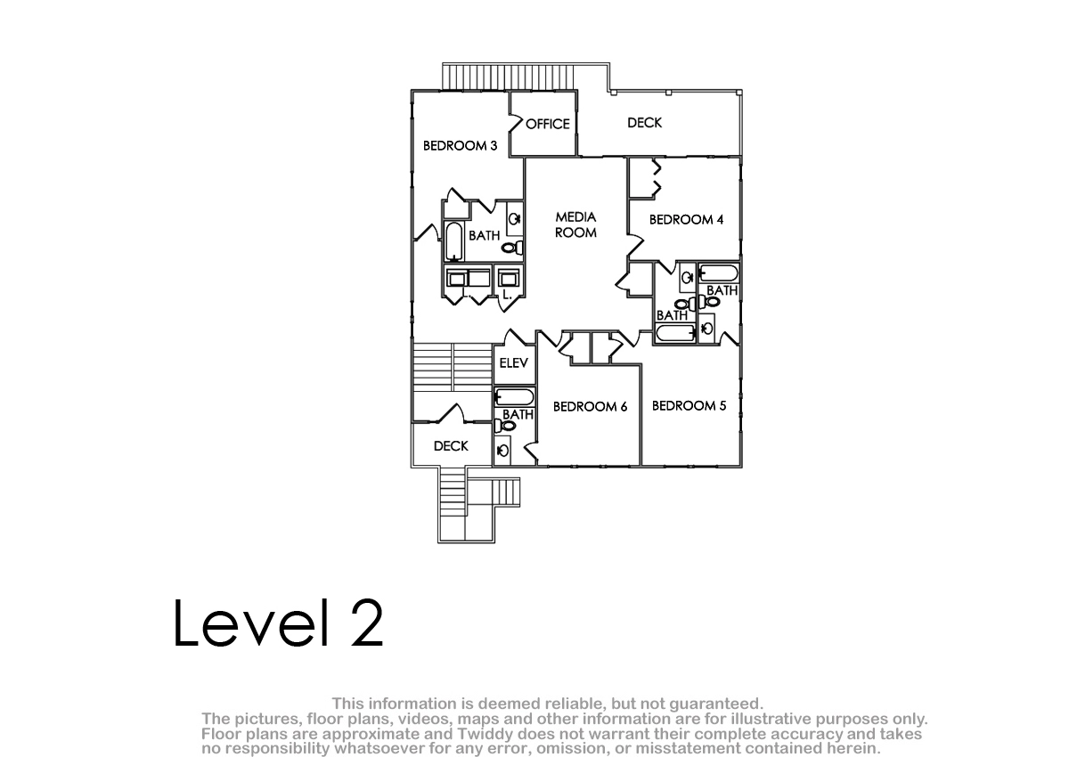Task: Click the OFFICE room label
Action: (x=547, y=124)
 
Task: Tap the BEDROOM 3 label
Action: (x=460, y=145)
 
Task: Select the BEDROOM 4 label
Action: (x=686, y=219)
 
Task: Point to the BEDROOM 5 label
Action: (x=690, y=405)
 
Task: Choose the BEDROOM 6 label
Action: (x=590, y=406)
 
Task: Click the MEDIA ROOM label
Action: (x=575, y=224)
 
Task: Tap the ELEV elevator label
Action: (x=513, y=363)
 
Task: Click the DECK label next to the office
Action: (x=644, y=123)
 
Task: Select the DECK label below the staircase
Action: (x=451, y=446)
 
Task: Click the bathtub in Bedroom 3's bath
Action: (x=453, y=240)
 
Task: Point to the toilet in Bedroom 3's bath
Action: (x=512, y=248)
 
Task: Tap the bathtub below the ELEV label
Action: (x=514, y=397)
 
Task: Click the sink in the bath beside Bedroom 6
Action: (x=502, y=450)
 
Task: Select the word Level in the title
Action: (x=251, y=623)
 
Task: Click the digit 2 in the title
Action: (x=367, y=623)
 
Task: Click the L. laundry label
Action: (x=507, y=296)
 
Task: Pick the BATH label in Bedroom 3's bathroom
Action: (x=484, y=235)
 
